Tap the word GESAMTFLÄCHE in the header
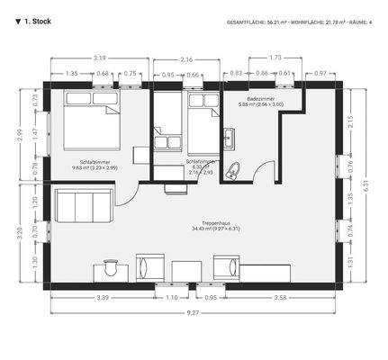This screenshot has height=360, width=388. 248,20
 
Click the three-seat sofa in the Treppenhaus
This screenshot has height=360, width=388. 83,207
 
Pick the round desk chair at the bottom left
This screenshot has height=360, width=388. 111,265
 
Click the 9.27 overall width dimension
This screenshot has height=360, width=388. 194,312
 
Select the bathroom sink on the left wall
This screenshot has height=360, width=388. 229,138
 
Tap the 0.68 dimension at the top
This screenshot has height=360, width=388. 103,74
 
